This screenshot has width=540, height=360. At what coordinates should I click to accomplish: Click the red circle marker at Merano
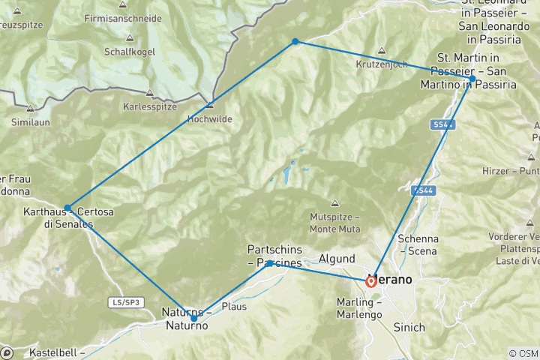click(371, 282)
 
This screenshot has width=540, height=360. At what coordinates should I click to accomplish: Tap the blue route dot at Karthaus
click(67, 208)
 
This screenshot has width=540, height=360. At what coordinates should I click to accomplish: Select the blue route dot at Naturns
click(193, 319)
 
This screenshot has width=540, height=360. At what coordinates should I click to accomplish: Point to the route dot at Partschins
click(270, 263)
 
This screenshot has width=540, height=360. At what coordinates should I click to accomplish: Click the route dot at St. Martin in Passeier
click(472, 79)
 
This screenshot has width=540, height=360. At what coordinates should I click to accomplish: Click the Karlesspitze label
click(149, 106)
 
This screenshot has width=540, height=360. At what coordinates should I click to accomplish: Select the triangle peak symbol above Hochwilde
click(210, 105)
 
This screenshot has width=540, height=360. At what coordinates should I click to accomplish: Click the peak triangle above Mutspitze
click(335, 203)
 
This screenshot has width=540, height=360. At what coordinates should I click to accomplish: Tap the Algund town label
click(337, 259)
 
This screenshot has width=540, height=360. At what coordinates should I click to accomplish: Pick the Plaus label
click(233, 307)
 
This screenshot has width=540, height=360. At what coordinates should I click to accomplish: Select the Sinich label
click(409, 327)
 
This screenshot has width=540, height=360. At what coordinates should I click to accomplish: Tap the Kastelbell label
click(56, 352)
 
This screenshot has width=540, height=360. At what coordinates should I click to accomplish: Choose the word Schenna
click(418, 238)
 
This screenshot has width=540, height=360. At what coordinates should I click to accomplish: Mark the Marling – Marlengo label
click(361, 307)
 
